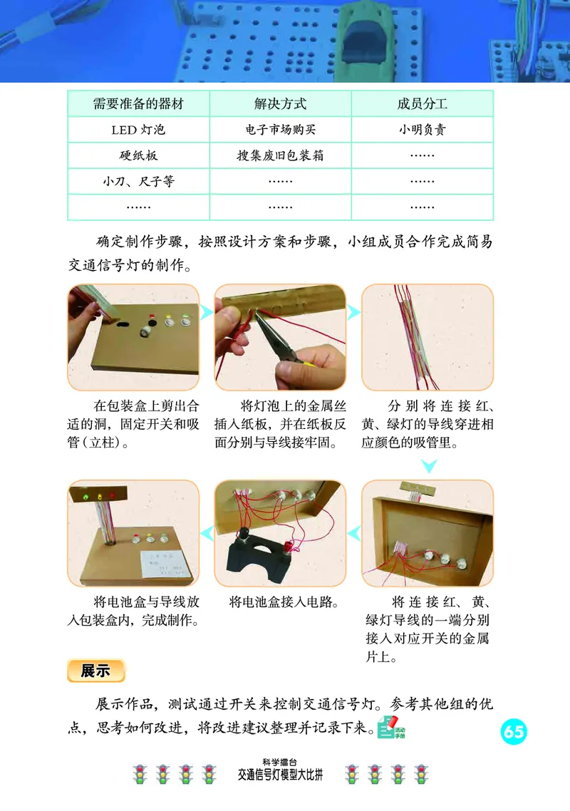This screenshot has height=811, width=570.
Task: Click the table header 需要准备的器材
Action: tap(138, 104)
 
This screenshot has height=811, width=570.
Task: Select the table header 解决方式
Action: tap(280, 104)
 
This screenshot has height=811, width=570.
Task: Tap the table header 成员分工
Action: tap(423, 104)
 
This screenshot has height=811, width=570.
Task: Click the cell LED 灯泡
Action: tap(138, 130)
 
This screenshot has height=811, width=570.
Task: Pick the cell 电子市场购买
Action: tap(280, 130)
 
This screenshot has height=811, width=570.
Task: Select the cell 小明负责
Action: tap(423, 130)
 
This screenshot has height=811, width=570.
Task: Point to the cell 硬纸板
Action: tap(138, 155)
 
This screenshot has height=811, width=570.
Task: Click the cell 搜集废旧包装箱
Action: tap(280, 155)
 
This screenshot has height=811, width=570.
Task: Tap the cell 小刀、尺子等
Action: tap(138, 181)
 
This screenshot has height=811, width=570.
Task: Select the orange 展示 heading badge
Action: tap(95, 671)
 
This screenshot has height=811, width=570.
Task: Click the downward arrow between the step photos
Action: tap(428, 467)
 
